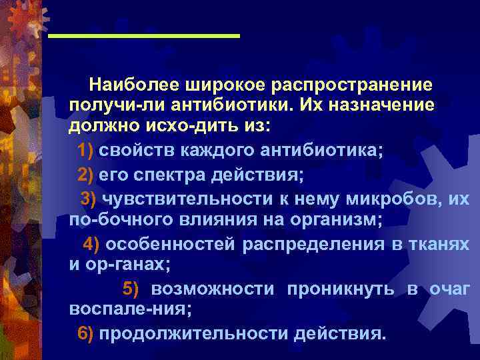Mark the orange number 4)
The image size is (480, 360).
(91, 243)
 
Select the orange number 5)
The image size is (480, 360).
(131, 288)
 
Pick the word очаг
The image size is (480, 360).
(450, 288)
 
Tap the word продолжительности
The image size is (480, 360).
(193, 333)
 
